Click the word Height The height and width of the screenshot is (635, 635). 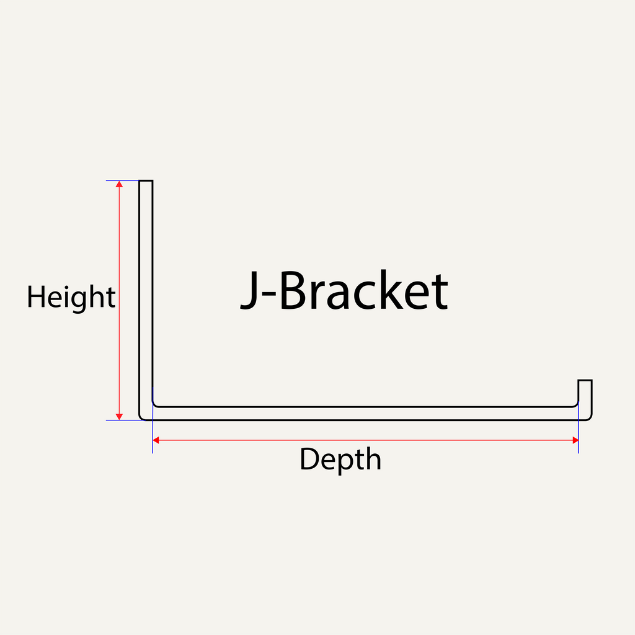[71, 298]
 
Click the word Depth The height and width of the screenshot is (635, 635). [340, 460]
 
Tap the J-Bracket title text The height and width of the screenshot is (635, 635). [344, 291]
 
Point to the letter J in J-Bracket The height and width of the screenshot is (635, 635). [249, 291]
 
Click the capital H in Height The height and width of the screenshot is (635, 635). [35, 297]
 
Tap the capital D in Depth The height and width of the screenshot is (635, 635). [309, 460]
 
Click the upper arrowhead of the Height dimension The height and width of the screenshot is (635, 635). [120, 185]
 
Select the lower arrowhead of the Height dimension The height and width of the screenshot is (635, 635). [120, 416]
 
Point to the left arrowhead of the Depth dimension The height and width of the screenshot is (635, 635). [156, 440]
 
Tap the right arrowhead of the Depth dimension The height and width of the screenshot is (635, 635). [575, 440]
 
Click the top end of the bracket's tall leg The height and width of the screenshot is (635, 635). [146, 182]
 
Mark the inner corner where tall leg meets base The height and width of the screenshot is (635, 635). [154, 405]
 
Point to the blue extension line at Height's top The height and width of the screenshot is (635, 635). [124, 180]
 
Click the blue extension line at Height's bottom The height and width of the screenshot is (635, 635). [124, 420]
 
